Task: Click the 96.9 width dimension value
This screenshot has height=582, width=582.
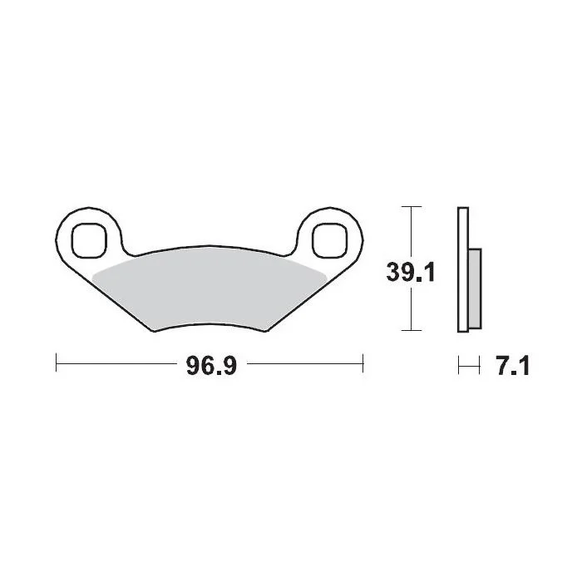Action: pos(211,366)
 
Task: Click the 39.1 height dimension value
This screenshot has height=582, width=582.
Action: pos(410,272)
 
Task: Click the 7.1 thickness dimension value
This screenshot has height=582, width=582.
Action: pos(513,366)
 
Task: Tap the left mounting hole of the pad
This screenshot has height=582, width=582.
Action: pos(89,240)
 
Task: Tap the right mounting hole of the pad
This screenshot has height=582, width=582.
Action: pos(330,240)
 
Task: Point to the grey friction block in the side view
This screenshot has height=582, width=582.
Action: pos(475,289)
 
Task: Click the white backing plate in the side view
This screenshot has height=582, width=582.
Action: pos(463,269)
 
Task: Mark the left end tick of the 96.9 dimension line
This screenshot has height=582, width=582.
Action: pos(56,363)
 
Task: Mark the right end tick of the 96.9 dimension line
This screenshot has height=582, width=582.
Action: pos(363,363)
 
